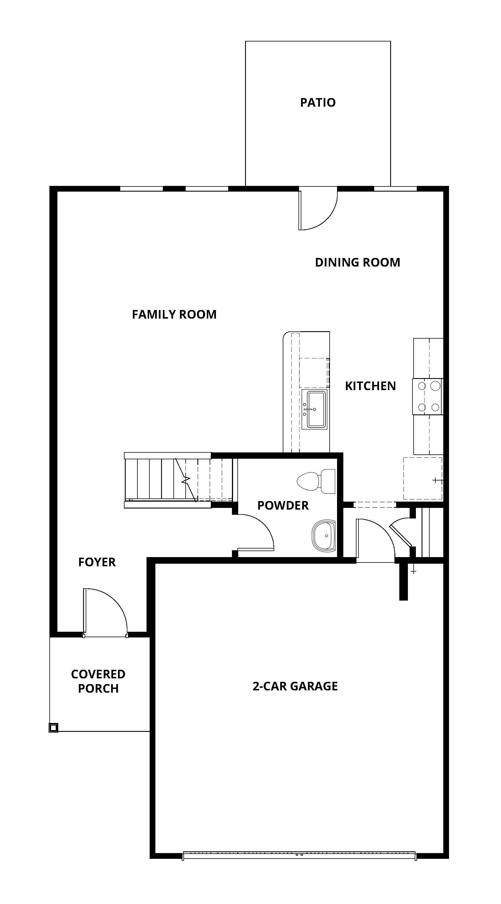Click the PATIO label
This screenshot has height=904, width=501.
click(x=318, y=102)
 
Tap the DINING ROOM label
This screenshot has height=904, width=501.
click(x=357, y=263)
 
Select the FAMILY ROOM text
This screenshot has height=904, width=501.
click(x=174, y=314)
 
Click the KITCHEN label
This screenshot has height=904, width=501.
click(x=370, y=386)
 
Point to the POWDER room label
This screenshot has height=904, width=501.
click(x=283, y=506)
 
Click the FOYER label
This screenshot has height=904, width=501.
click(x=97, y=562)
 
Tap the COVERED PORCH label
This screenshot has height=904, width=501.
click(x=98, y=682)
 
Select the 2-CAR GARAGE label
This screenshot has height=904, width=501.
click(x=295, y=686)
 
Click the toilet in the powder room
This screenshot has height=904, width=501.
click(x=316, y=481)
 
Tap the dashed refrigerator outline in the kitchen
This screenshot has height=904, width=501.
click(x=422, y=478)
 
